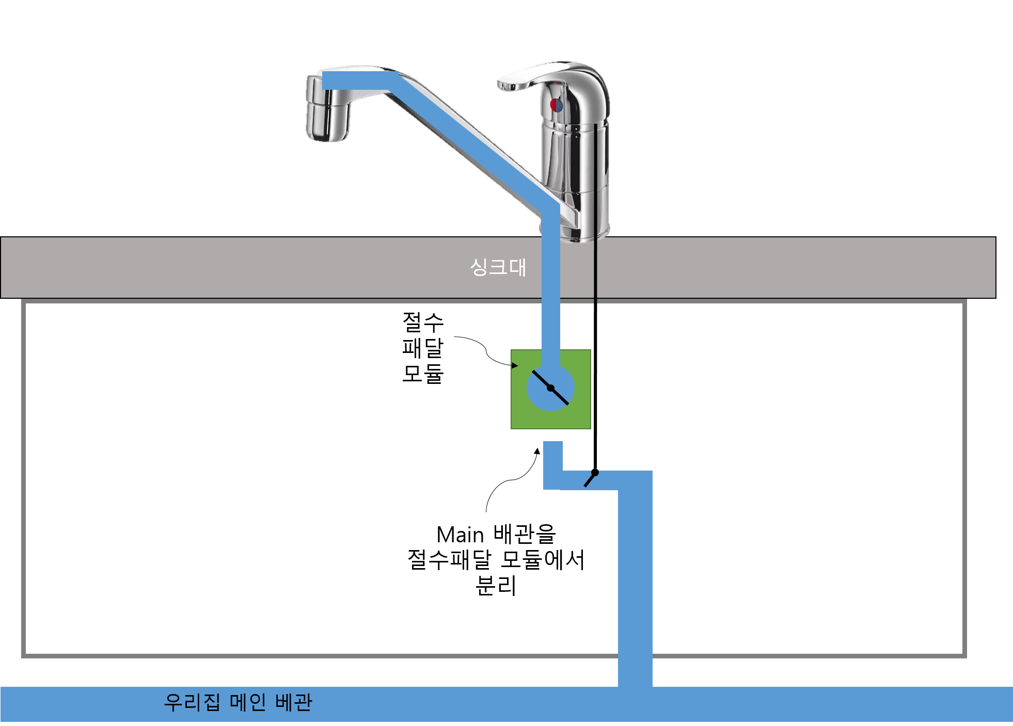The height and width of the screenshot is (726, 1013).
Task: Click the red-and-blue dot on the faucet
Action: tap(556, 105)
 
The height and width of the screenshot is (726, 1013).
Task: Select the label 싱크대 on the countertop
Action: tap(498, 267)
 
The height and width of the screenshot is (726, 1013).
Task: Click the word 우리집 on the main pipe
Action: tap(192, 702)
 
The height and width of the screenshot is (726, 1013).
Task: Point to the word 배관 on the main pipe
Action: tap(294, 702)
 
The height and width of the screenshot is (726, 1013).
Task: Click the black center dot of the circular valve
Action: tap(550, 388)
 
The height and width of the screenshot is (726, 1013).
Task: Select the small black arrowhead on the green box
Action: tap(514, 366)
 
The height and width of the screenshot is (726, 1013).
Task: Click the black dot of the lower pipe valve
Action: tap(595, 473)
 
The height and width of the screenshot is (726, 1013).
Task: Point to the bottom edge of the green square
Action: tap(551, 428)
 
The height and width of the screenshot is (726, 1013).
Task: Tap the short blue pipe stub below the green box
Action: tap(553, 457)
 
